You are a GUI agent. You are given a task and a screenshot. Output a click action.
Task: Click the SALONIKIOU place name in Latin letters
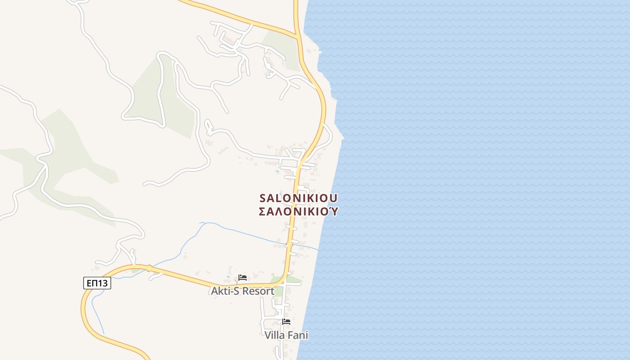[x=298, y=198]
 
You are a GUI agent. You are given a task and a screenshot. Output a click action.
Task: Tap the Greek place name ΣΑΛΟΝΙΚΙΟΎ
[x=298, y=211]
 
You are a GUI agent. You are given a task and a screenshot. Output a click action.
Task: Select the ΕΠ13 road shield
[x=97, y=283]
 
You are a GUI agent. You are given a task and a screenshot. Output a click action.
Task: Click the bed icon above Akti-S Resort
[x=243, y=277]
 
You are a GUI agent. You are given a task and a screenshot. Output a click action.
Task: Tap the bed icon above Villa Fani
[x=286, y=321]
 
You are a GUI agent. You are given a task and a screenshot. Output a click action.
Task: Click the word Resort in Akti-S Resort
[x=257, y=291]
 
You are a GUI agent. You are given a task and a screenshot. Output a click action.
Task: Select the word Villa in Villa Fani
[x=275, y=335]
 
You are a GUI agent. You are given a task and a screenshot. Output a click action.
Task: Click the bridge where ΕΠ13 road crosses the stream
[x=148, y=269]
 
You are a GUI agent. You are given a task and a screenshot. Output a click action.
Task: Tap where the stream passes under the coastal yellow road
[x=290, y=245]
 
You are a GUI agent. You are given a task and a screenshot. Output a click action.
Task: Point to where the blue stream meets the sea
[x=318, y=249]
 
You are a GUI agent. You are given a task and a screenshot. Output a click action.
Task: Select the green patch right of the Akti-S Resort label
[x=279, y=292]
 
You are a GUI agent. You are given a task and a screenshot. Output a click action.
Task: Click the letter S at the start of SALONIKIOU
[x=263, y=198]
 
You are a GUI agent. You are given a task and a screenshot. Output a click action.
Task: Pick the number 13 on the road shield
[x=103, y=283]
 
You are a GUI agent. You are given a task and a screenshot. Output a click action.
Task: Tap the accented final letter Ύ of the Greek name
[x=333, y=211]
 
